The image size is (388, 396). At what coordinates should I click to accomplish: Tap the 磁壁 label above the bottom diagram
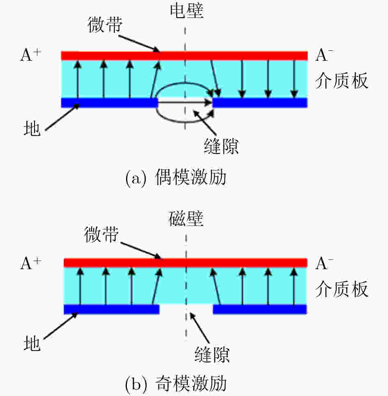[186, 218]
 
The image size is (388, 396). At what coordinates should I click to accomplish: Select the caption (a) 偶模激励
[176, 178]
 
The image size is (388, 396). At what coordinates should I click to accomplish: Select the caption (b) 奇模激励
[176, 384]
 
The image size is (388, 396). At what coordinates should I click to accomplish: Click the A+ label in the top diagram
[30, 55]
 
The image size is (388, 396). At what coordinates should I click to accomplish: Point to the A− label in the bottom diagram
[324, 263]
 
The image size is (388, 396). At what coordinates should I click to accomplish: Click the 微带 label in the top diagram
[105, 25]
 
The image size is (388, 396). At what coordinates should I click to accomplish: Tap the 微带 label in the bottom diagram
[101, 234]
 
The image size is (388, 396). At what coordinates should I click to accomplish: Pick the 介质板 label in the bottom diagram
[342, 288]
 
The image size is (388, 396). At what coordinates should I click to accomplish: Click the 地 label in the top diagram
[32, 128]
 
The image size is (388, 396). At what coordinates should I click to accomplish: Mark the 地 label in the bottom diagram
[32, 343]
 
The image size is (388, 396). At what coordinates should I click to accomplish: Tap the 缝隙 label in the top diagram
[221, 146]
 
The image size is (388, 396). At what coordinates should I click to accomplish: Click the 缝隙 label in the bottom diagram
[212, 355]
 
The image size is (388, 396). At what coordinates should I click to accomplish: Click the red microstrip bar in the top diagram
[184, 55]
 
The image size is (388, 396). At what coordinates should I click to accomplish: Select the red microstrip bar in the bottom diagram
[186, 263]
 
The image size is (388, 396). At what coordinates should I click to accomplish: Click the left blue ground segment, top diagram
[109, 103]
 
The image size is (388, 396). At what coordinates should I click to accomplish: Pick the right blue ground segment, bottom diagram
[260, 309]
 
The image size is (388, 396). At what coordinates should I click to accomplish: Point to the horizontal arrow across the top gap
[185, 103]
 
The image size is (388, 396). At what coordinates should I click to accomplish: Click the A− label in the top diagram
[324, 55]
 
